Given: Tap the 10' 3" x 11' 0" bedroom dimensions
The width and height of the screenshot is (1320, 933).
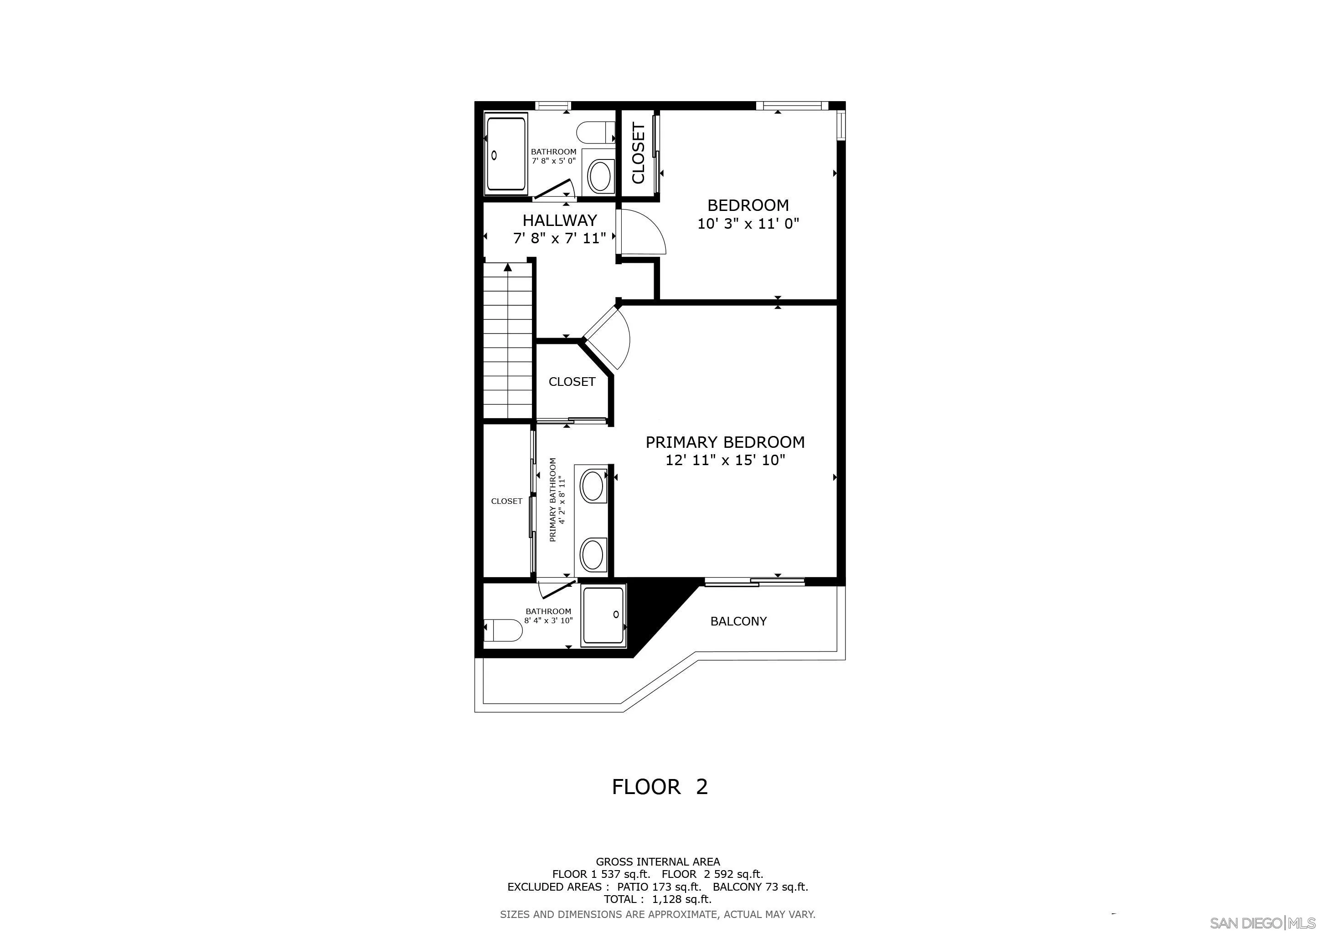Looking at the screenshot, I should click(x=748, y=224).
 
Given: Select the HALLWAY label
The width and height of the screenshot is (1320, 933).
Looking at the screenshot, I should click(x=559, y=220).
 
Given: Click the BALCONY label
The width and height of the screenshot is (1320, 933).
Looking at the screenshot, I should click(x=738, y=621).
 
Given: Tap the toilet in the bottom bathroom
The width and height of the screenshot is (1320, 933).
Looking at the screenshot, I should click(x=504, y=630).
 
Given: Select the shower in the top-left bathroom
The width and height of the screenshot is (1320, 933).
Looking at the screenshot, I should click(x=506, y=154).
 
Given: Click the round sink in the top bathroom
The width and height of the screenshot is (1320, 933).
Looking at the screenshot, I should click(x=600, y=175).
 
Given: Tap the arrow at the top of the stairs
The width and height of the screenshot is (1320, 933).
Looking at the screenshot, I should click(x=508, y=267).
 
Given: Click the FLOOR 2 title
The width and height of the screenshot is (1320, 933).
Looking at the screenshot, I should click(x=660, y=786).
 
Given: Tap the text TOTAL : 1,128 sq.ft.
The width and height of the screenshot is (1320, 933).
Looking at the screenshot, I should click(x=657, y=899).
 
